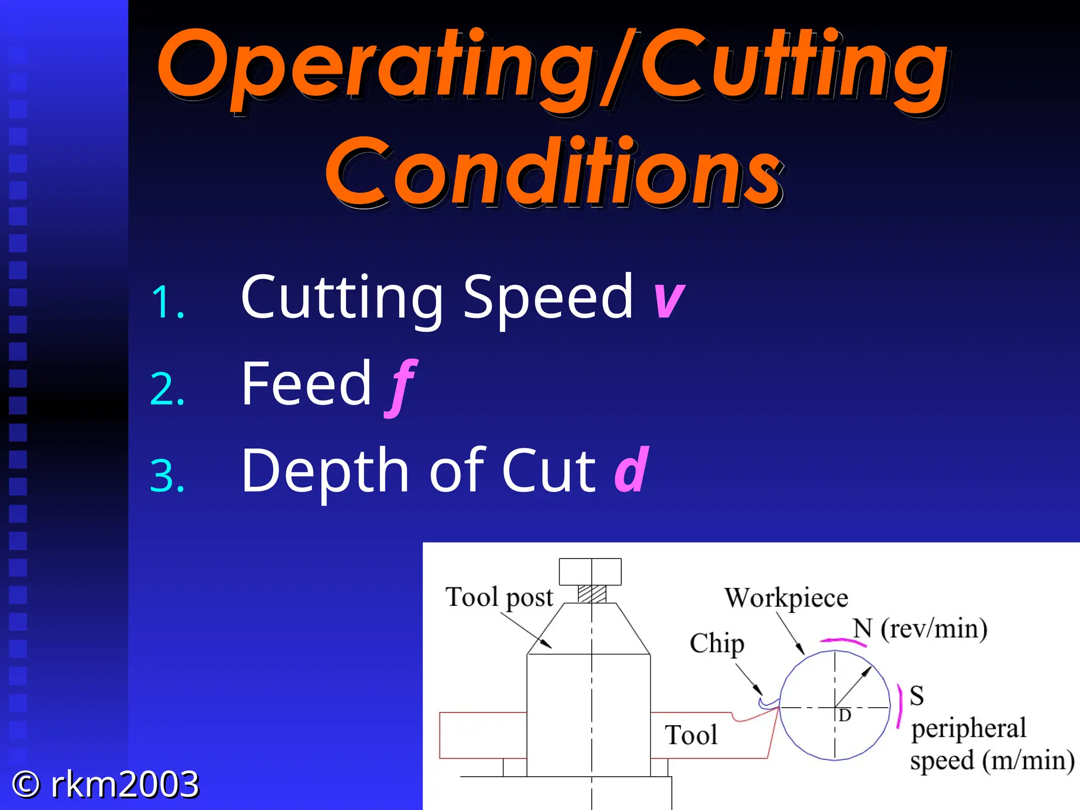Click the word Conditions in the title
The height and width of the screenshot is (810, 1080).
point(554,171)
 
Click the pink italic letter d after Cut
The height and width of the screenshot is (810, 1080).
point(632,469)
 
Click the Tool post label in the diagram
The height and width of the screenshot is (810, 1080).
point(499,597)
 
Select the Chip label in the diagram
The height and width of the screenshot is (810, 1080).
point(717,644)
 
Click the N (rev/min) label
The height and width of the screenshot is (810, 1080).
point(920,629)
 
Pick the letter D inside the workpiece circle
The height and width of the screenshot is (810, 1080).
point(845,716)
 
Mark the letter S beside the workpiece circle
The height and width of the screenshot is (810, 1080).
point(917,696)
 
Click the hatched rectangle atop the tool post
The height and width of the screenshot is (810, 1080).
point(592,594)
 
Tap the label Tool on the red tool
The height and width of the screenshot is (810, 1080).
point(691,735)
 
